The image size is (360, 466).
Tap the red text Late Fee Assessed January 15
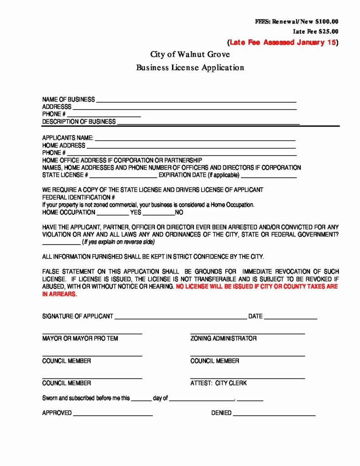(x=282, y=43)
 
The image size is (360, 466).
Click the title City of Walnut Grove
(x=190, y=55)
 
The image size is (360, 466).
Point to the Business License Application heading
(x=190, y=68)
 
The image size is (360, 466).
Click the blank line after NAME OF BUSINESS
(x=196, y=101)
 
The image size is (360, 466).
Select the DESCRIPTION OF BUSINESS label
(x=79, y=122)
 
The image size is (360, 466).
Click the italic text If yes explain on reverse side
(x=115, y=242)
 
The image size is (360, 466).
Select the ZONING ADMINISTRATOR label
(x=223, y=339)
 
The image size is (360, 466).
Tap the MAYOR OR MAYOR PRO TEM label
(x=80, y=339)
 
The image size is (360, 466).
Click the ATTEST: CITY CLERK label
(x=218, y=383)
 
